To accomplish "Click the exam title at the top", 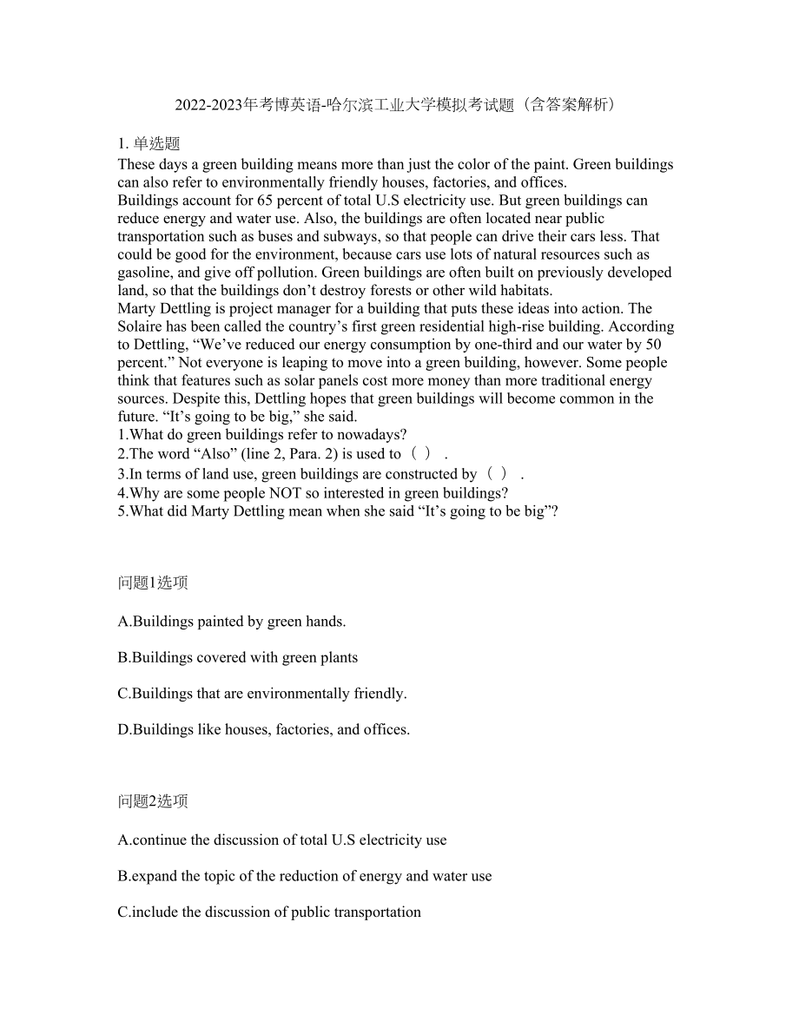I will [399, 105].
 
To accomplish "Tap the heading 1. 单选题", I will [149, 144].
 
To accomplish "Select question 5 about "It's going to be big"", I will [338, 510].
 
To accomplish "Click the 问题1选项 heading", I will [153, 583].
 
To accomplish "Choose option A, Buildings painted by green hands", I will [232, 622].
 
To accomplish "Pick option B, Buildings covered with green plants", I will [238, 657].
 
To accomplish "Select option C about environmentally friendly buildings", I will [262, 694].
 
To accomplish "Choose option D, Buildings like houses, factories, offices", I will [264, 729].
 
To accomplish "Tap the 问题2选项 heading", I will [153, 801].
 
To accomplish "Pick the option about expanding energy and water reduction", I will [305, 876].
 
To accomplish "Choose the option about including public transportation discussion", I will [269, 912].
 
